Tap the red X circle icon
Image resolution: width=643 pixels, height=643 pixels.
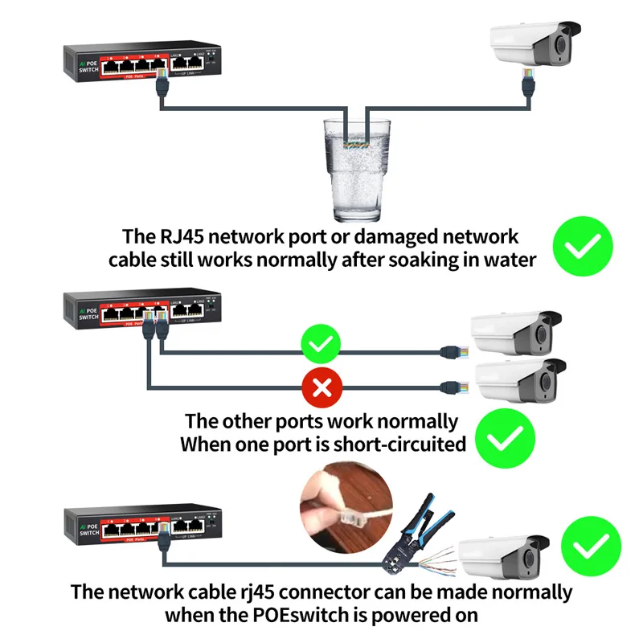(321, 390)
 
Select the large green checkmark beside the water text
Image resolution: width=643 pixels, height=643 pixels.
(583, 246)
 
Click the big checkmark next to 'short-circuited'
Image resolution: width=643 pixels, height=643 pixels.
(504, 437)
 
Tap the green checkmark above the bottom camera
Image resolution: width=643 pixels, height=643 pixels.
(591, 546)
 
